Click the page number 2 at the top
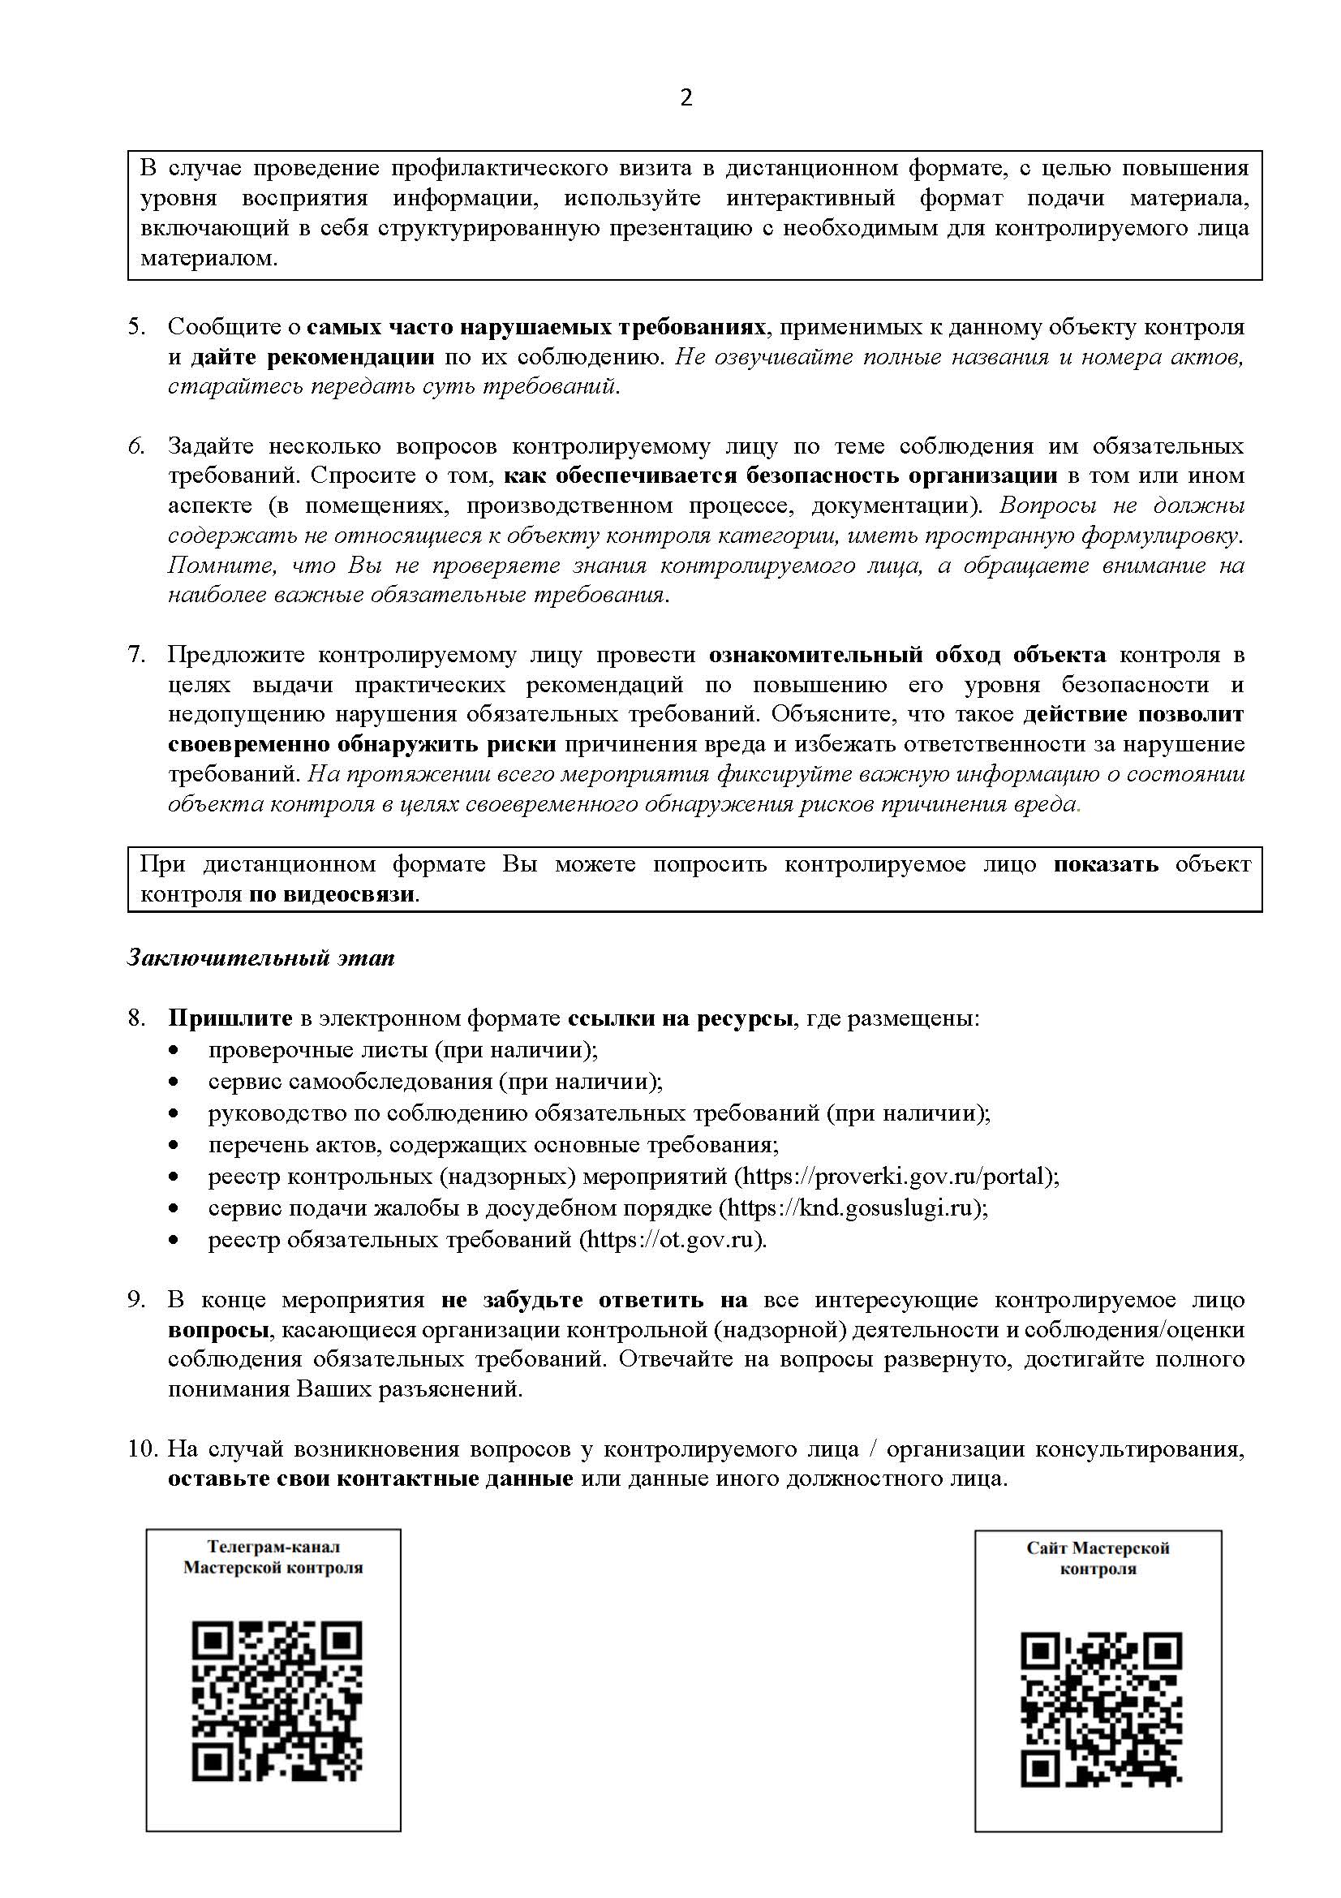pos(686,98)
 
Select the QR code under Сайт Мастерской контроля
pos(1102,1709)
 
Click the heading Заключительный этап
pos(261,958)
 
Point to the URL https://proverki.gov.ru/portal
pos(896,1176)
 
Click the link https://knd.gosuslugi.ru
pos(849,1207)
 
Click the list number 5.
pos(135,327)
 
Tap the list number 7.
pos(135,655)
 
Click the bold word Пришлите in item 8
pos(230,1018)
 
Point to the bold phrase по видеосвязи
pos(333,894)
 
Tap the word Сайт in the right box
pos(1047,1548)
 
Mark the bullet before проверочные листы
pos(174,1051)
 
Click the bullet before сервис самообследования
pos(174,1082)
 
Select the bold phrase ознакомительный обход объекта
pos(907,655)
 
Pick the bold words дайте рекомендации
pos(312,357)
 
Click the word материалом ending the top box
pos(209,258)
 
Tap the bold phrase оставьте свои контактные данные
pos(370,1479)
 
